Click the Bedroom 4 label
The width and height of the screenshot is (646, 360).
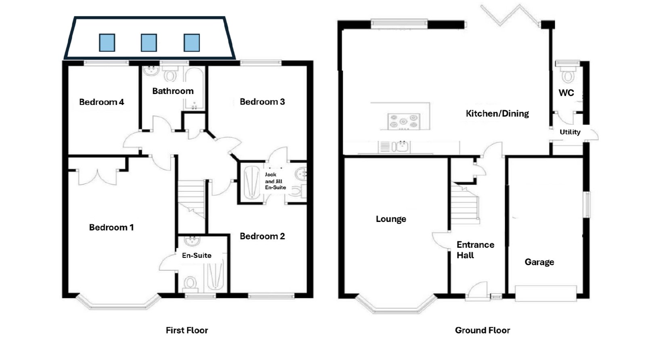[101, 102]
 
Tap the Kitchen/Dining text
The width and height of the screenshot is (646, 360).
[497, 113]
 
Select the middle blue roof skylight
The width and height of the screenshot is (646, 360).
[149, 43]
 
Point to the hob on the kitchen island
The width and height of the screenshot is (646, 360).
[404, 121]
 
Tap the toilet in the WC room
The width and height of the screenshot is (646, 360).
[568, 75]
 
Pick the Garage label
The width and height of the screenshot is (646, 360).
[539, 262]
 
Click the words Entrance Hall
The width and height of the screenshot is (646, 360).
[475, 250]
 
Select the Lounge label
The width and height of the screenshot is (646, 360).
[391, 219]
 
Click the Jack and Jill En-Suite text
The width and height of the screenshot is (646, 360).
[275, 181]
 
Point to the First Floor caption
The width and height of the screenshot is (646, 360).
[187, 330]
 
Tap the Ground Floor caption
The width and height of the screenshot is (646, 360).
[482, 330]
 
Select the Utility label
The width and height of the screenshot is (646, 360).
[570, 132]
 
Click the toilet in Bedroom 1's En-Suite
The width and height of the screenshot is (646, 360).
[190, 284]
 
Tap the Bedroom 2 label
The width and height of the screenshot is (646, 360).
[262, 237]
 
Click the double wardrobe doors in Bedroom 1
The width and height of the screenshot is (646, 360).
[98, 177]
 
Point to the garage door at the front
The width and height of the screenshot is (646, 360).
[545, 293]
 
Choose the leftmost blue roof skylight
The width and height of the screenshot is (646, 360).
[107, 43]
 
